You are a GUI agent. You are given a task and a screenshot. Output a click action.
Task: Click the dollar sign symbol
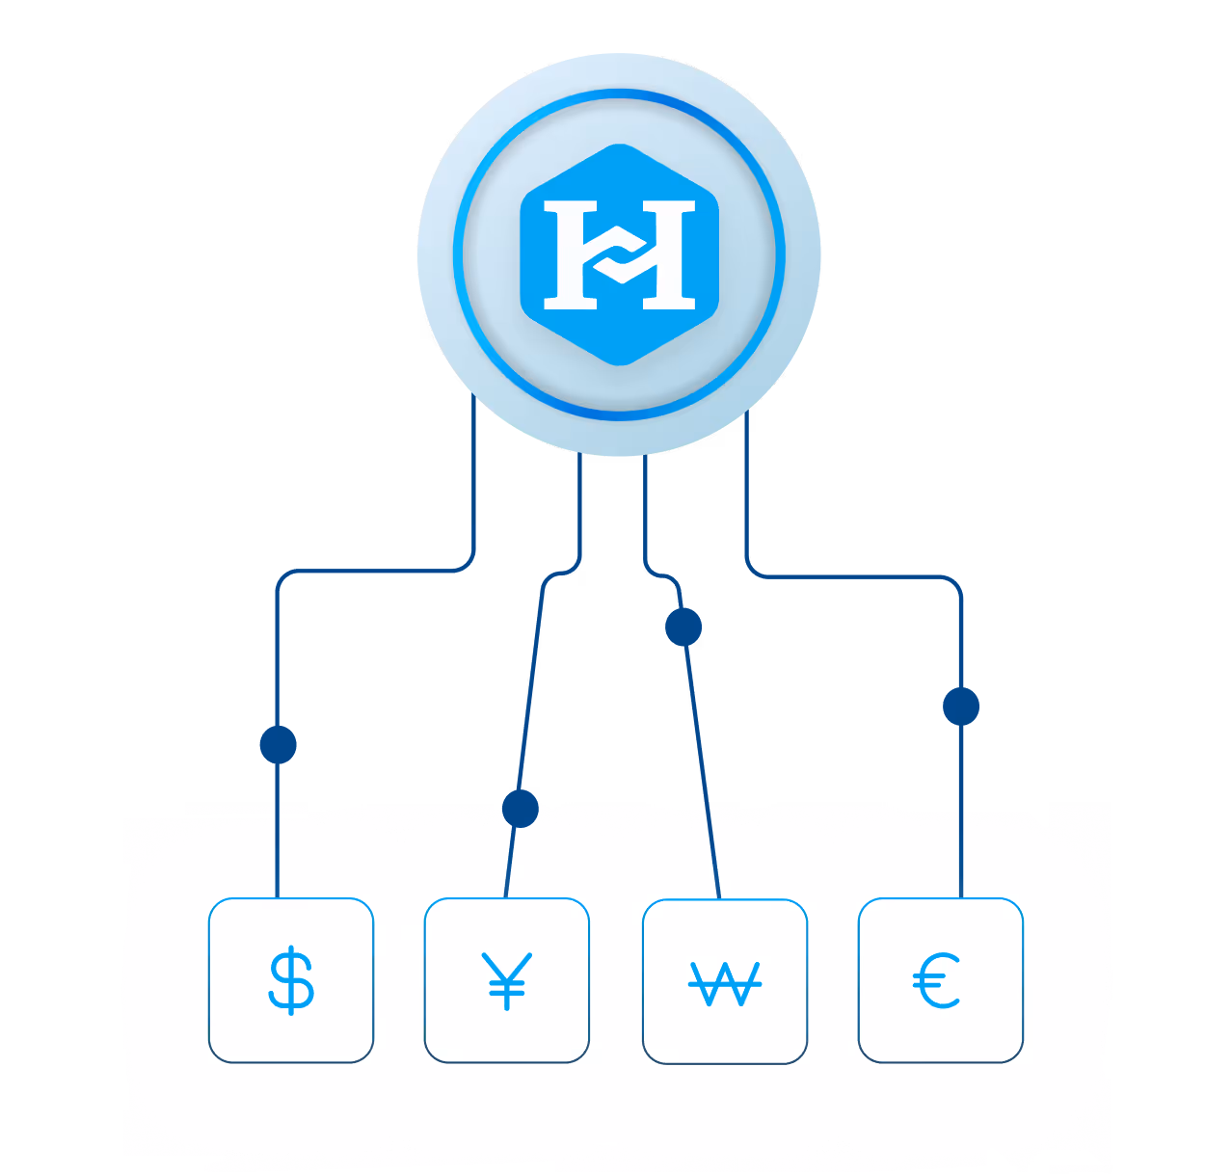tap(291, 981)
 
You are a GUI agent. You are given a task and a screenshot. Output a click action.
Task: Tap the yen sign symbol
tap(507, 981)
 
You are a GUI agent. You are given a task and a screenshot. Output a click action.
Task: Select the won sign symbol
tap(725, 983)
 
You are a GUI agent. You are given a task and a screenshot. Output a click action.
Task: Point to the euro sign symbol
tap(937, 981)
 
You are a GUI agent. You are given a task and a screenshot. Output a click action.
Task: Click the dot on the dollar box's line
tap(278, 744)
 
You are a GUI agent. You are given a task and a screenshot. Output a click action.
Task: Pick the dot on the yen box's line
tap(521, 808)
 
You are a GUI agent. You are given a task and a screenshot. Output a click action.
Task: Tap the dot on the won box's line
tap(683, 627)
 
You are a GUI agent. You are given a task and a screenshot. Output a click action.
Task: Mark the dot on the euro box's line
tap(961, 707)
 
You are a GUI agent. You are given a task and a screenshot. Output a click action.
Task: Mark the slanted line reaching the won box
tap(702, 761)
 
